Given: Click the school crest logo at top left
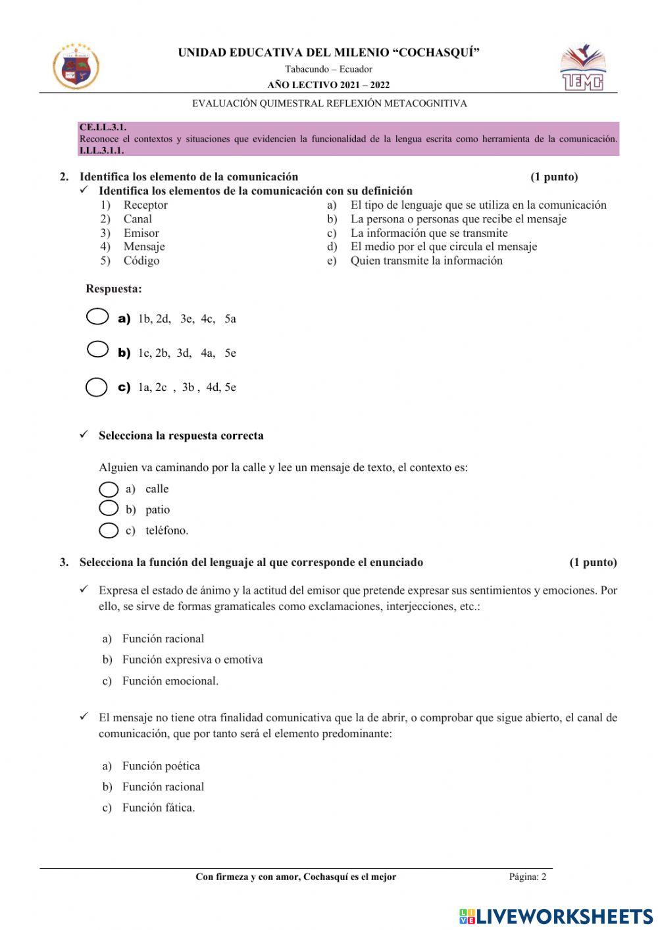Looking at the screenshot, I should tap(76, 66).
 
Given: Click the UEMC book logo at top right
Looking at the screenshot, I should tap(582, 68).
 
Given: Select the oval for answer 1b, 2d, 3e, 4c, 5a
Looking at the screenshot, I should tap(97, 317).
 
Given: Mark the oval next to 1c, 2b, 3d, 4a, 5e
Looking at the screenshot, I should tap(97, 349).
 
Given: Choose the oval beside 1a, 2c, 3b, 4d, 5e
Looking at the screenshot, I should tap(97, 387).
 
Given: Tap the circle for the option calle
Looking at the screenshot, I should tap(109, 489).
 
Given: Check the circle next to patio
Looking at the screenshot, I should tap(109, 508).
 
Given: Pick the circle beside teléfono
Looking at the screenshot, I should tap(109, 530).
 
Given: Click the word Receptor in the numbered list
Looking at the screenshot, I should tap(145, 205).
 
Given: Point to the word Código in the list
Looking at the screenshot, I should tap(141, 261).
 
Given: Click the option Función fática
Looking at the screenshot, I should tap(159, 808).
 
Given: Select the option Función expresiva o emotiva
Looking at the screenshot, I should tap(192, 659).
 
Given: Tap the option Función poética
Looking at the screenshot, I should tap(161, 766).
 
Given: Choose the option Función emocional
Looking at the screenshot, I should tap(170, 681).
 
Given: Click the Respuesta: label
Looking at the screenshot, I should tap(114, 289).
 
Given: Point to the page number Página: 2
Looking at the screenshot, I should tap(527, 877).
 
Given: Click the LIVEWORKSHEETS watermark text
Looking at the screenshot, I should tap(565, 916).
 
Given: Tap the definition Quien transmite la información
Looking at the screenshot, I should tap(426, 261).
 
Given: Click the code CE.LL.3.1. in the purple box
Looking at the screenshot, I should tap(103, 128).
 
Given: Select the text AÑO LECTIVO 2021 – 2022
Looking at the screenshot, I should tap(328, 85).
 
